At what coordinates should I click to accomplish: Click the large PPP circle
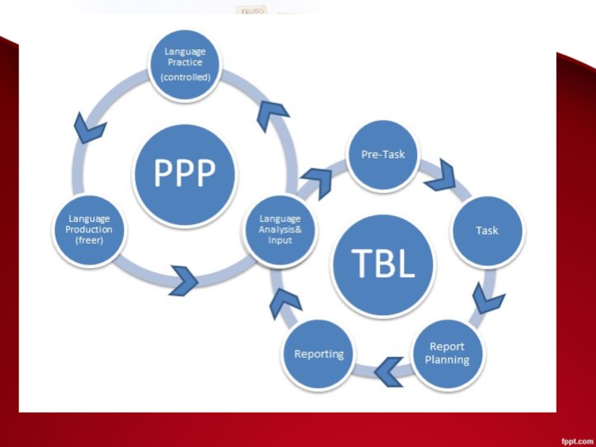[185, 175]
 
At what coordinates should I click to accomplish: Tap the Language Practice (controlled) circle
[186, 64]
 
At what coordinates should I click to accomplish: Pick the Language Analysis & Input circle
[280, 229]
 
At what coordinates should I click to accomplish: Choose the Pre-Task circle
[383, 155]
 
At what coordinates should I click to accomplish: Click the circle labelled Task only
[487, 231]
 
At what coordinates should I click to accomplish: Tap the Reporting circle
[319, 354]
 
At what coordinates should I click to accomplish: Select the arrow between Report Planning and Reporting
[389, 370]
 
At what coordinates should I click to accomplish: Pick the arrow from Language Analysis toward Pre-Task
[317, 182]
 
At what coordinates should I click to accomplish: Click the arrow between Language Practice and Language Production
[90, 128]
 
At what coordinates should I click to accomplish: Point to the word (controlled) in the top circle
[186, 77]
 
